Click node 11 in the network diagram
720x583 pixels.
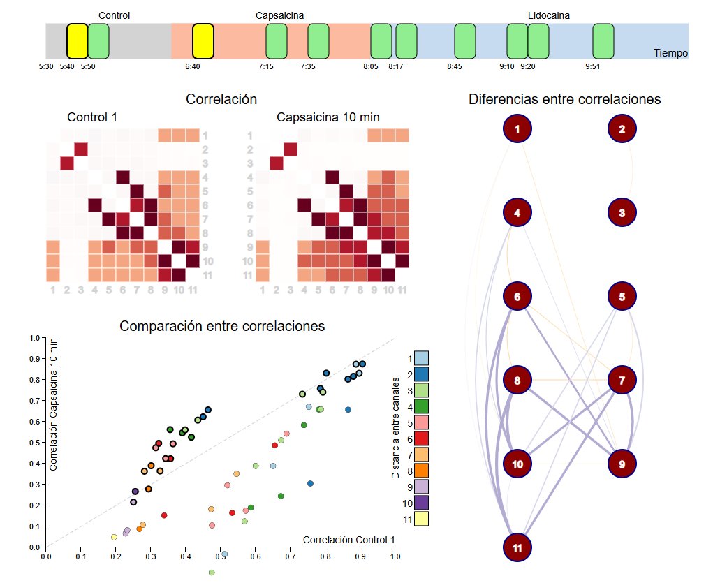click(x=517, y=548)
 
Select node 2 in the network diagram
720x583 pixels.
click(x=622, y=128)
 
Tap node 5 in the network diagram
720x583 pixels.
click(x=622, y=297)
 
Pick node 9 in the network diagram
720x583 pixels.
click(x=622, y=464)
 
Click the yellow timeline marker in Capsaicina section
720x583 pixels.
click(x=203, y=40)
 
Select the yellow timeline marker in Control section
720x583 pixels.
click(x=77, y=40)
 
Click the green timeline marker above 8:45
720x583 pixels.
click(x=465, y=40)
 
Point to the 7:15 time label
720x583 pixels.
click(x=265, y=67)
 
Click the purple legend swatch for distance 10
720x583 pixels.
click(x=422, y=502)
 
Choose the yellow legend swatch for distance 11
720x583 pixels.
click(x=422, y=518)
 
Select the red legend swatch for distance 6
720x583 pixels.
click(x=422, y=438)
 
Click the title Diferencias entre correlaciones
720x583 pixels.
click(x=564, y=100)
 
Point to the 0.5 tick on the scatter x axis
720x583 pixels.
click(x=220, y=556)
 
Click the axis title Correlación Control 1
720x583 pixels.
click(x=348, y=540)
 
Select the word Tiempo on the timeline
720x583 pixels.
click(x=670, y=53)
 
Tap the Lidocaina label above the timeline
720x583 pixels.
click(x=548, y=15)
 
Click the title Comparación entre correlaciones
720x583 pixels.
click(x=222, y=326)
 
